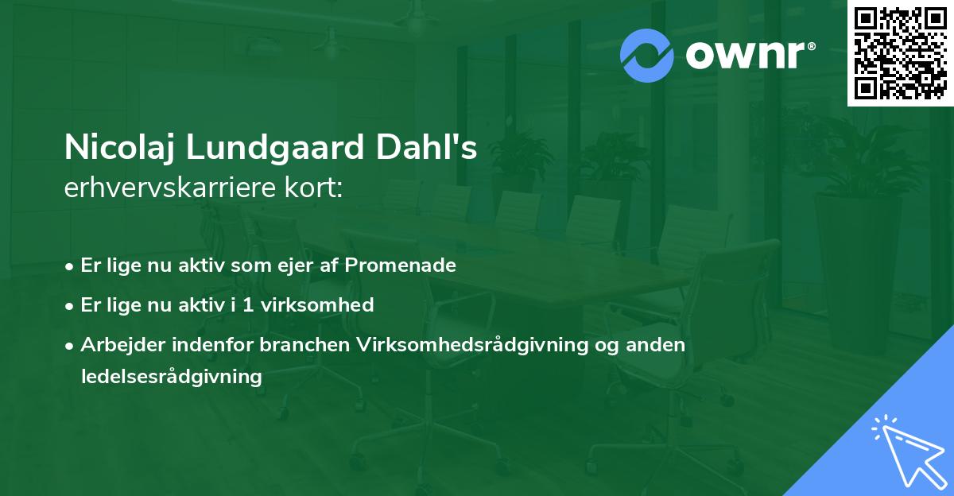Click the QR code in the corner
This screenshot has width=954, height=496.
[900, 53]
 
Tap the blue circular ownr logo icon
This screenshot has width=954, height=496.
[646, 56]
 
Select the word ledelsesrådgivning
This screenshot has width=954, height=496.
[172, 377]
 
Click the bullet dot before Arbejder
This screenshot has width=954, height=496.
[71, 345]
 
